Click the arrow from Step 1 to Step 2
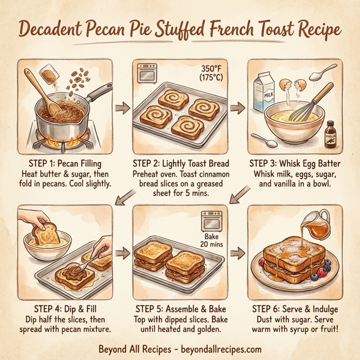(122, 108)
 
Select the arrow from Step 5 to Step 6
(238, 252)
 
